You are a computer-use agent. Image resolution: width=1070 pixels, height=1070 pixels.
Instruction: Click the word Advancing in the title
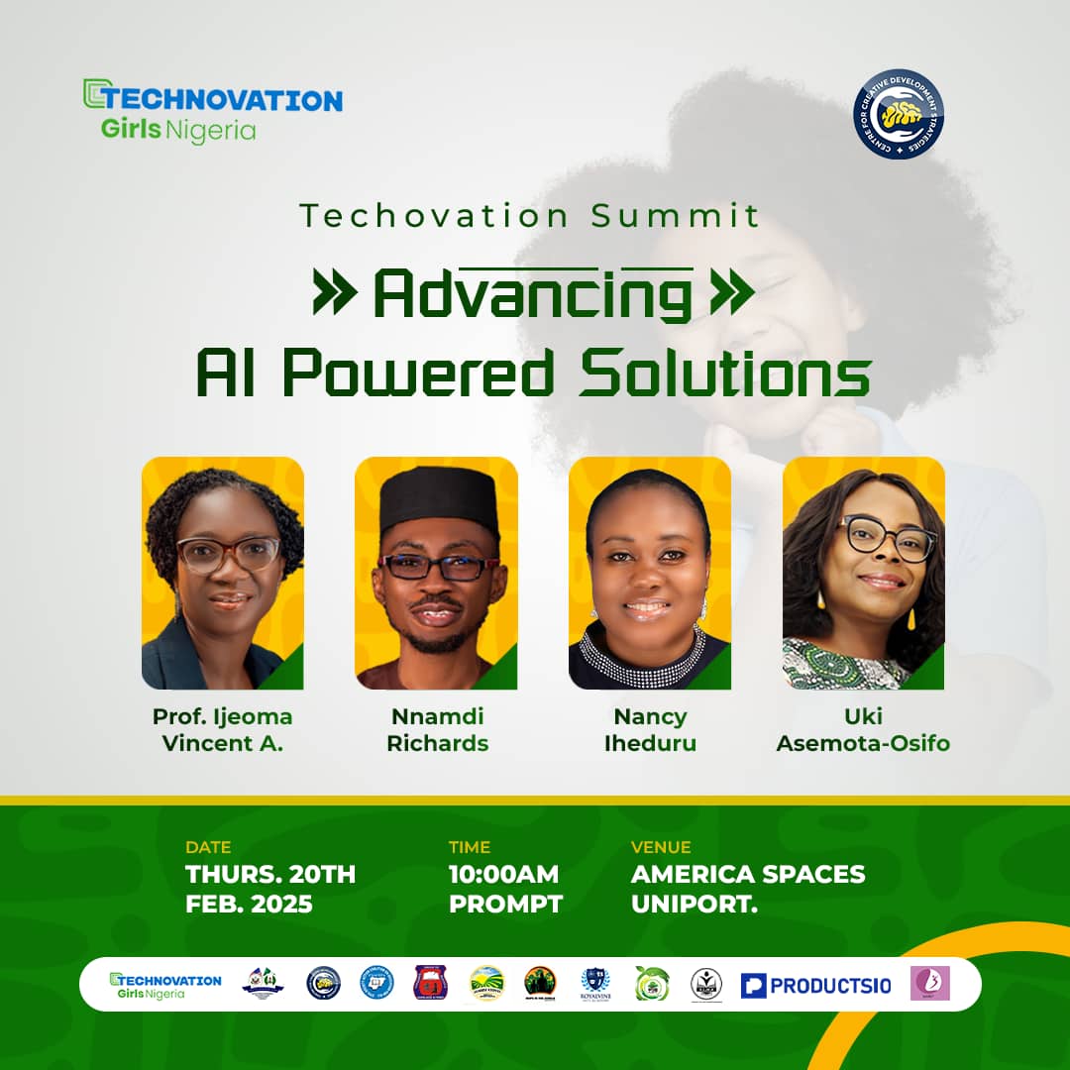pyautogui.click(x=532, y=294)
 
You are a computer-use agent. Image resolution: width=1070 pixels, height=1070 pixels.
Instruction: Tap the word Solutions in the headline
pyautogui.click(x=725, y=374)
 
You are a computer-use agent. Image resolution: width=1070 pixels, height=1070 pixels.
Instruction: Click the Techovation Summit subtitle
pyautogui.click(x=531, y=215)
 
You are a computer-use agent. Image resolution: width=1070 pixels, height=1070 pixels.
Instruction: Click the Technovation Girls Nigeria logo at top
pyautogui.click(x=212, y=110)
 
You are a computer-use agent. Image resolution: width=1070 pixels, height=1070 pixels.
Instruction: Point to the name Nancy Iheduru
pyautogui.click(x=649, y=729)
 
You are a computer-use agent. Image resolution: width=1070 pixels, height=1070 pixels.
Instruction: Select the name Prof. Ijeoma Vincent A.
pyautogui.click(x=223, y=729)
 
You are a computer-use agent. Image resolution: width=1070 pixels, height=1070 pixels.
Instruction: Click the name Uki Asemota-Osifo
pyautogui.click(x=863, y=729)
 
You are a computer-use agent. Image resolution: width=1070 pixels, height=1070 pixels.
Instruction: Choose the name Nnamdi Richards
pyautogui.click(x=437, y=729)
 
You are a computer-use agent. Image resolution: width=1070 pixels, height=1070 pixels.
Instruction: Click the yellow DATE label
pyautogui.click(x=208, y=847)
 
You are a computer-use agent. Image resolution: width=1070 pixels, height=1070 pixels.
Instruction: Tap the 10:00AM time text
pyautogui.click(x=503, y=875)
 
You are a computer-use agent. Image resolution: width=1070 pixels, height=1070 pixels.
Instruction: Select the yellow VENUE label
pyautogui.click(x=661, y=847)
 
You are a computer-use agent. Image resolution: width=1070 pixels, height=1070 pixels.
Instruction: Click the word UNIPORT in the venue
pyautogui.click(x=695, y=904)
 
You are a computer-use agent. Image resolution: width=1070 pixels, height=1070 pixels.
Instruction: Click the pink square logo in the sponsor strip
pyautogui.click(x=929, y=983)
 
